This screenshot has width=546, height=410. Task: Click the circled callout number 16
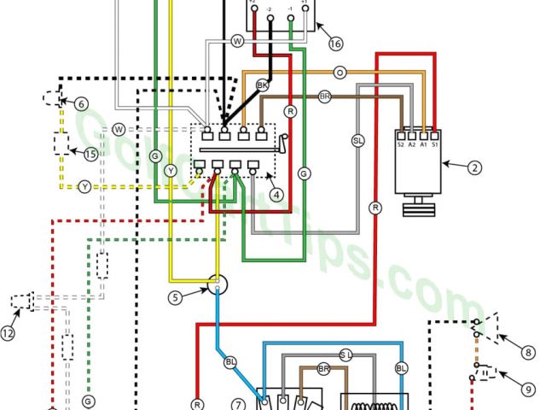(x=335, y=44)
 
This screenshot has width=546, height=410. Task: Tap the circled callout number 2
(x=473, y=167)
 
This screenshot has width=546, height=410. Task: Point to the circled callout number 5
(x=174, y=297)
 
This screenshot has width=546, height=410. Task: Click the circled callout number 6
(x=82, y=104)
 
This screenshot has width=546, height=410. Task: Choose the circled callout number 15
(x=91, y=154)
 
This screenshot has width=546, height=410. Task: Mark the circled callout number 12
(x=9, y=334)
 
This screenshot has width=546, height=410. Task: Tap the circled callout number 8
(x=528, y=350)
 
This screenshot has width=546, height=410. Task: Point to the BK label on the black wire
(x=263, y=85)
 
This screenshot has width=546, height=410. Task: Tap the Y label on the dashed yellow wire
(x=84, y=185)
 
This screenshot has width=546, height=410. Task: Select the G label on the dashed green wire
(x=87, y=400)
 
